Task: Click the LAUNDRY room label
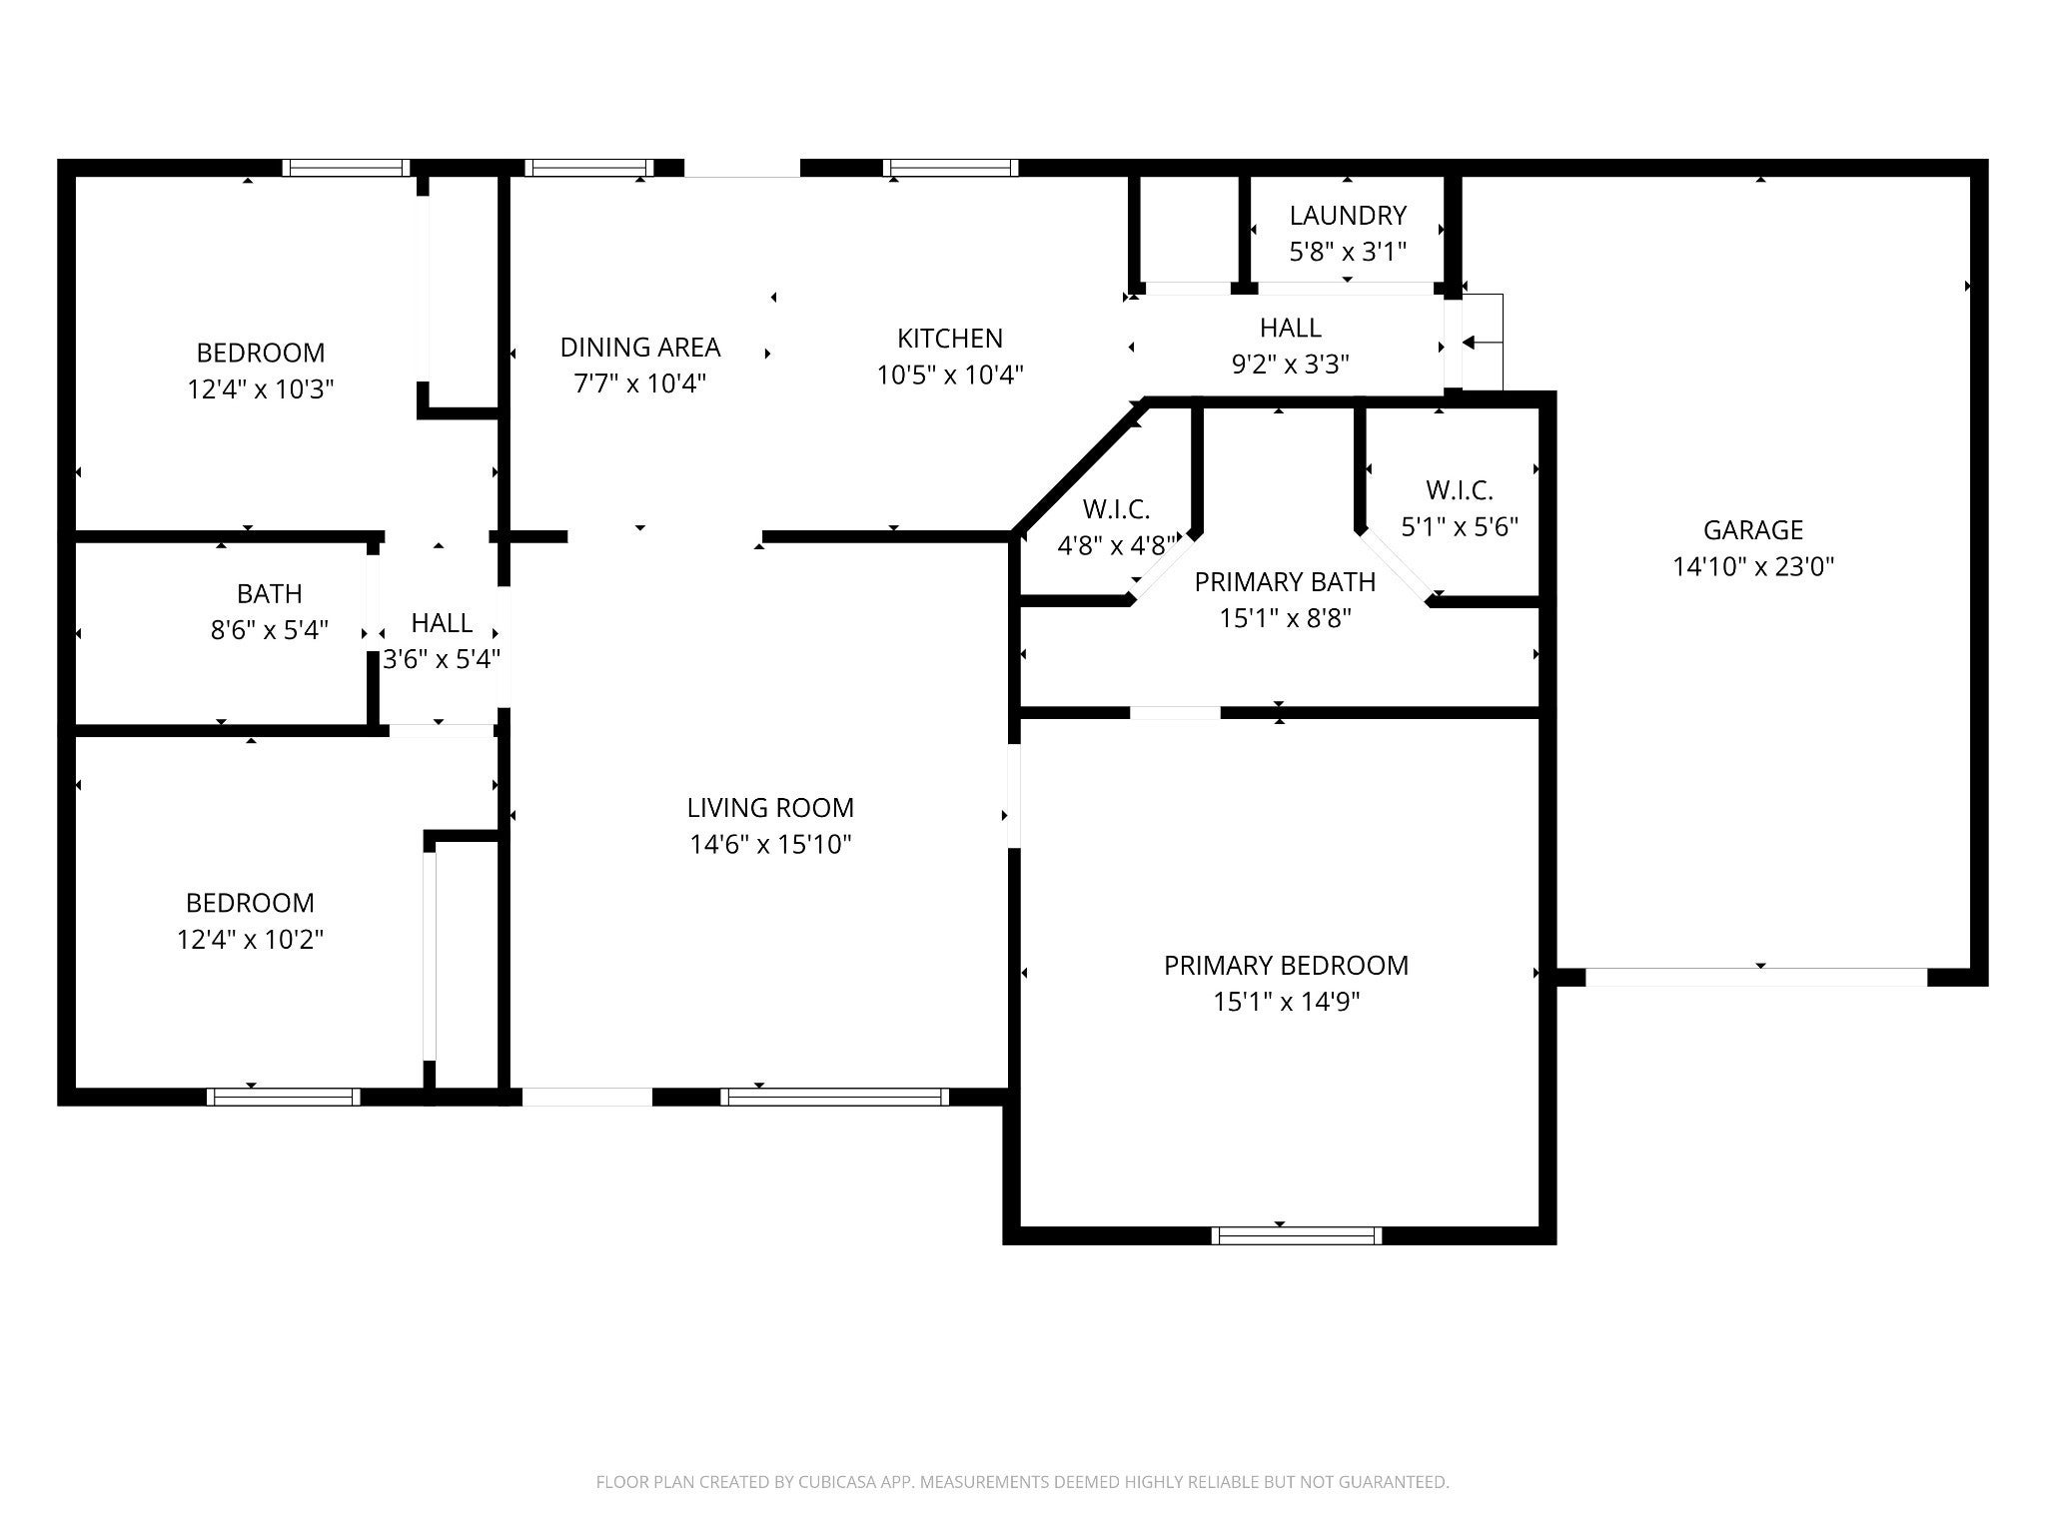point(1348,216)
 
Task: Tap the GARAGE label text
point(1753,530)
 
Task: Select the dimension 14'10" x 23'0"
point(1753,567)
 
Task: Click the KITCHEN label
point(950,339)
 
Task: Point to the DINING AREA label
point(640,348)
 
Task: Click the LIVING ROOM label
point(770,808)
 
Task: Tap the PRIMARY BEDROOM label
point(1287,966)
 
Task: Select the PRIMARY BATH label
point(1286,582)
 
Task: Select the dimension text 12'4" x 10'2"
point(251,940)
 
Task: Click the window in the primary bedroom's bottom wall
point(1297,1235)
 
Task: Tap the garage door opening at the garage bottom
point(1756,977)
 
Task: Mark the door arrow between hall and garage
point(1483,343)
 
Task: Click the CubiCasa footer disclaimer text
point(1022,1482)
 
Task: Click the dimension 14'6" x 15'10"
point(770,845)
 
